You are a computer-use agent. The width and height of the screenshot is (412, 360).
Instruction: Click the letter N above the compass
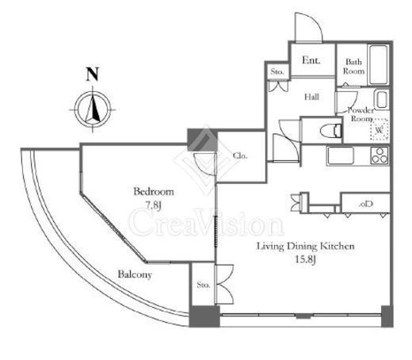tap(92, 74)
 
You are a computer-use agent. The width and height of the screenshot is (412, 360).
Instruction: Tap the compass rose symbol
tap(93, 109)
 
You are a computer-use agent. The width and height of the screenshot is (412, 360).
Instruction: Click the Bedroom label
tap(154, 191)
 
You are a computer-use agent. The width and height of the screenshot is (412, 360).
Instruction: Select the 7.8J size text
tap(153, 205)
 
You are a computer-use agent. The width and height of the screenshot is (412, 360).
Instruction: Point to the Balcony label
tap(135, 274)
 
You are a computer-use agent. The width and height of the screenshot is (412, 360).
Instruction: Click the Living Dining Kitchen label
tap(306, 247)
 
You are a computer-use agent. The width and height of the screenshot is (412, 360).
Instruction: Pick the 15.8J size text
tap(305, 259)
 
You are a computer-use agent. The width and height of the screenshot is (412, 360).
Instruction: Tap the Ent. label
tap(311, 60)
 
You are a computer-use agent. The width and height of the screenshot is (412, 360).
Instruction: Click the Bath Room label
tap(353, 67)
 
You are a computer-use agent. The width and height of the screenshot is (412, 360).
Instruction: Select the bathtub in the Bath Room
tap(379, 64)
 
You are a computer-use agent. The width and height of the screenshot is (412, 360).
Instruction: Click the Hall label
tap(311, 97)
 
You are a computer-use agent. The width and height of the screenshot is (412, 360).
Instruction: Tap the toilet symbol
tap(331, 131)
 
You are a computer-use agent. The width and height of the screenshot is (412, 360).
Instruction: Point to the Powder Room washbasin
tap(381, 99)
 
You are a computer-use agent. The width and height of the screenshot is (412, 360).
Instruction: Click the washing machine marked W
tap(380, 129)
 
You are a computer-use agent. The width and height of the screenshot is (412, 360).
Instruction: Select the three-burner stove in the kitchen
tap(380, 155)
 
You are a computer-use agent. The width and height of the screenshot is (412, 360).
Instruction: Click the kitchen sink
tap(340, 155)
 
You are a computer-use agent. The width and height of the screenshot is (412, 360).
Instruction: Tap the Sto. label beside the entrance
tap(277, 71)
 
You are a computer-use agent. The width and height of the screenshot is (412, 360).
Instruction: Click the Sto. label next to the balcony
tap(204, 285)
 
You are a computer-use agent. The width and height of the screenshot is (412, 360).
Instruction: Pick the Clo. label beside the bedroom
tap(240, 156)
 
